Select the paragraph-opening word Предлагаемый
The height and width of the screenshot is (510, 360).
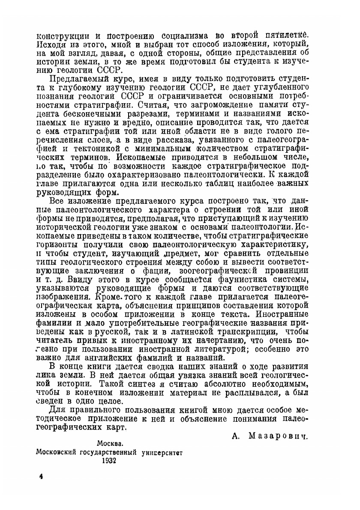75,79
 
